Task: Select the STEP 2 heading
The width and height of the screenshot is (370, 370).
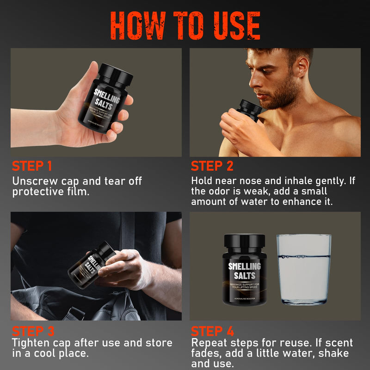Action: [212, 166]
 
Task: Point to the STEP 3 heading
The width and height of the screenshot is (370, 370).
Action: [33, 332]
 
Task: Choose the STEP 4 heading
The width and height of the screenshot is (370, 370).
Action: [212, 332]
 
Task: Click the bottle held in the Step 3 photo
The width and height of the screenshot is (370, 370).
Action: [89, 265]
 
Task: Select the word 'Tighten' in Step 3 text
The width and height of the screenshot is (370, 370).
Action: [32, 343]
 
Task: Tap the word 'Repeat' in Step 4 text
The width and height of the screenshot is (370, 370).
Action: [209, 343]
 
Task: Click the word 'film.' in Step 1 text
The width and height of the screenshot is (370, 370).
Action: [77, 191]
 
